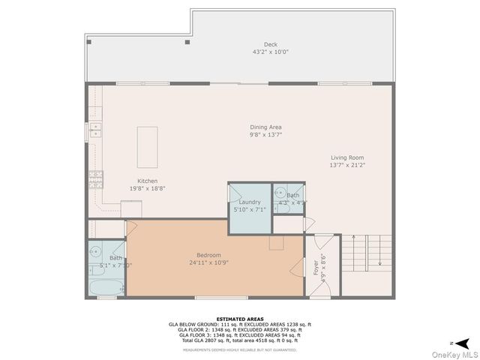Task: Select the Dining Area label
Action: click(x=265, y=127)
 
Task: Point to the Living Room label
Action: click(x=347, y=157)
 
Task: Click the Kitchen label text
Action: click(x=147, y=181)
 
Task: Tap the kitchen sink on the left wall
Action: click(x=95, y=130)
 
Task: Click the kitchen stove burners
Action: click(x=96, y=178)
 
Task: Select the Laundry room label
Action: click(x=250, y=202)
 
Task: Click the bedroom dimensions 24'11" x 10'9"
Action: click(x=209, y=262)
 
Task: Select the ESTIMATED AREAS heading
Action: click(x=239, y=319)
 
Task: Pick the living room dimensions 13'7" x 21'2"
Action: click(x=347, y=165)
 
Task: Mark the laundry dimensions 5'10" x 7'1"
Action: click(x=250, y=209)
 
